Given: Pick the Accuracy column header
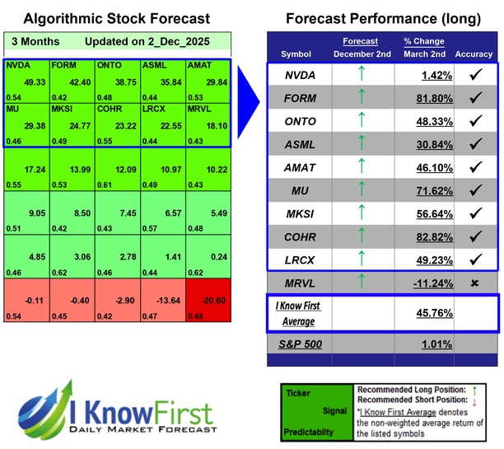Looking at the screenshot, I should [x=474, y=54].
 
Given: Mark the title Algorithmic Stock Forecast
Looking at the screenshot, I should [x=116, y=18].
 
